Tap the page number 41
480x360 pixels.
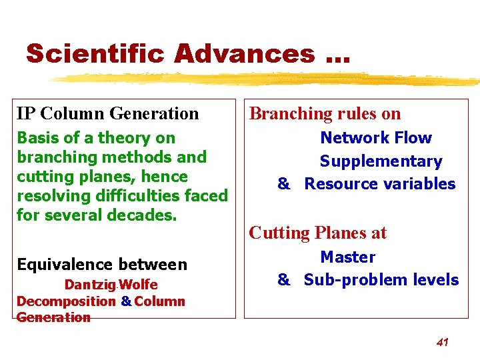pos(442,342)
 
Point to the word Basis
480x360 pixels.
pos(37,138)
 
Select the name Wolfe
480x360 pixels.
pos(139,285)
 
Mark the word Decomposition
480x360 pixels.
pos(66,301)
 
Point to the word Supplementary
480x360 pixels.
pos(381,161)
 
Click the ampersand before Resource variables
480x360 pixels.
pos(284,184)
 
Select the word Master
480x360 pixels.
pos(347,257)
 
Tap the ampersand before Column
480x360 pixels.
pos(126,301)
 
